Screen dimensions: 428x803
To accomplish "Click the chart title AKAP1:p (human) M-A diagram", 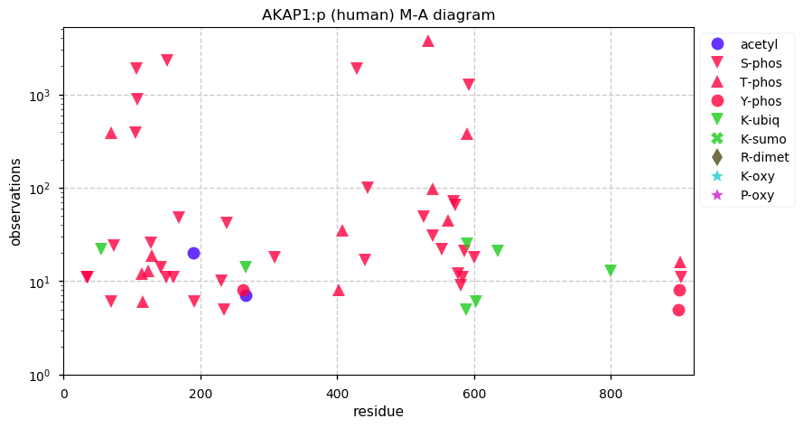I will pyautogui.click(x=378, y=14).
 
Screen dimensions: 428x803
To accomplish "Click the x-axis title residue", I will pyautogui.click(x=378, y=412).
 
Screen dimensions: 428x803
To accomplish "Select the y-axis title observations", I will pyautogui.click(x=15, y=201).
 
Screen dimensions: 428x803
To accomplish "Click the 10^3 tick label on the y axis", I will pyautogui.click(x=44, y=95).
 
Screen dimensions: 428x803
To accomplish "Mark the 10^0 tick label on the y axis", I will pyautogui.click(x=44, y=375).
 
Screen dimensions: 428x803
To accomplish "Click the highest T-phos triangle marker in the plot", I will pyautogui.click(x=428, y=41).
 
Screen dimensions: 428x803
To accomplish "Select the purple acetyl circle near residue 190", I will pyautogui.click(x=193, y=253).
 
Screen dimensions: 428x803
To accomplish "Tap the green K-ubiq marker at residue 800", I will pyautogui.click(x=611, y=271).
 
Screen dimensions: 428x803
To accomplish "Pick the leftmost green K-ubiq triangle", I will pyautogui.click(x=101, y=249).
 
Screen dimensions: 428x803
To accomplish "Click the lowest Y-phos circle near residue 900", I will pyautogui.click(x=678, y=310).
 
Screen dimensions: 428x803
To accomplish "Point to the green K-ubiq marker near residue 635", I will pyautogui.click(x=498, y=251).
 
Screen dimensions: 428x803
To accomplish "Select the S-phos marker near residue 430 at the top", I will pyautogui.click(x=357, y=69).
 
